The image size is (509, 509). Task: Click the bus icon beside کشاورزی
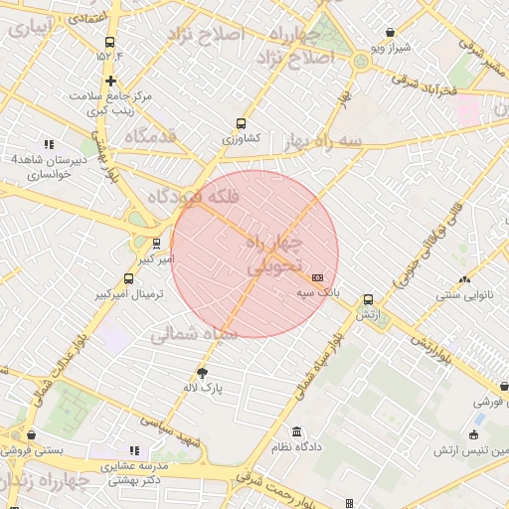point(241,124)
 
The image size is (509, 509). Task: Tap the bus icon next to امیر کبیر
point(156,244)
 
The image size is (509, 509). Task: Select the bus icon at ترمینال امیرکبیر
point(128,279)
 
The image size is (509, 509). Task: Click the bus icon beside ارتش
point(369,299)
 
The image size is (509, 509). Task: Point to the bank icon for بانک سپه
point(317,278)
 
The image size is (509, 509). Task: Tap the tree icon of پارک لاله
point(203,373)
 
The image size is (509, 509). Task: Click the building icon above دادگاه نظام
point(296,431)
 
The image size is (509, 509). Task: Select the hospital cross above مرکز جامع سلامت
point(109,81)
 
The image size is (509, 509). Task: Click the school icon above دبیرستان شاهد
point(49,144)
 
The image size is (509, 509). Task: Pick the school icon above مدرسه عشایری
point(134,450)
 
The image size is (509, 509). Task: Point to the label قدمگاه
point(150,135)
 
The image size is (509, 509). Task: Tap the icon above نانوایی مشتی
point(464,279)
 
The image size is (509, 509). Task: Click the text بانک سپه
point(318,294)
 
